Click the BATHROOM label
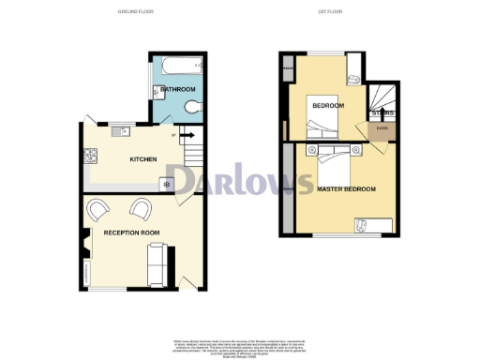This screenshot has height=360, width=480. pyautogui.click(x=175, y=89)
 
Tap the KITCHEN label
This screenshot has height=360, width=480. pyautogui.click(x=142, y=159)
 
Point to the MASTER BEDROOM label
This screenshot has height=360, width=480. pyautogui.click(x=347, y=189)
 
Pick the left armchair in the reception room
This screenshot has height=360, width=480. pyautogui.click(x=97, y=208)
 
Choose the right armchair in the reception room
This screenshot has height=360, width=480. pyautogui.click(x=142, y=208)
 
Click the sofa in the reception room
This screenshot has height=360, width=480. pyautogui.click(x=157, y=264)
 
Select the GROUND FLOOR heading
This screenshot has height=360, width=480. pyautogui.click(x=136, y=11)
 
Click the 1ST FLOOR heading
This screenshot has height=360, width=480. pyautogui.click(x=337, y=11)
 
